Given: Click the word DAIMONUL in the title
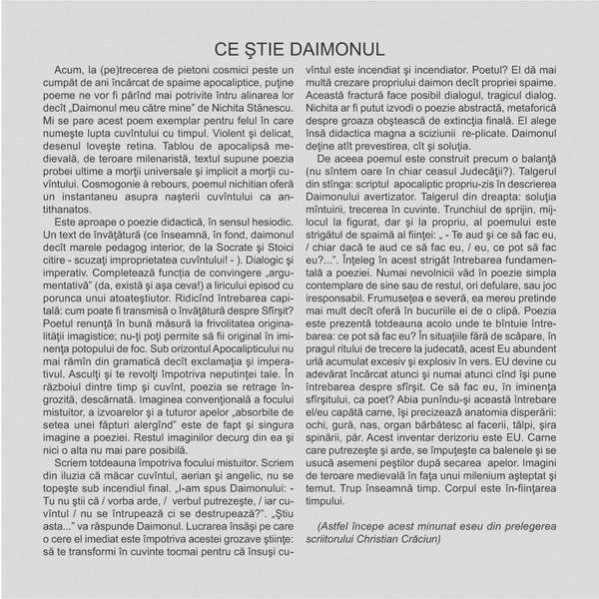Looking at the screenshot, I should pos(329,49).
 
